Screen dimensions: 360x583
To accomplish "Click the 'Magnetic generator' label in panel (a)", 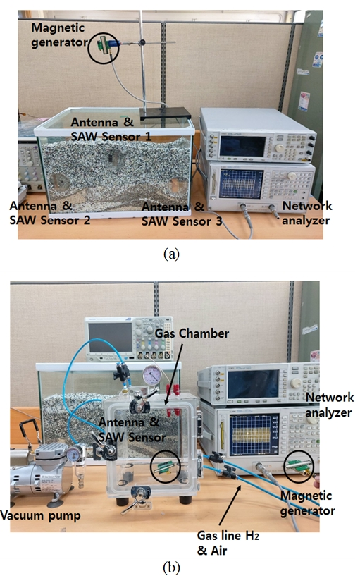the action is coord(59,35).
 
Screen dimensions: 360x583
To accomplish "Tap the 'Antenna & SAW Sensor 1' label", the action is coord(111,129).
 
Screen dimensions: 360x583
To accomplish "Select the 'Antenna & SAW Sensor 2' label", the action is coord(50,213).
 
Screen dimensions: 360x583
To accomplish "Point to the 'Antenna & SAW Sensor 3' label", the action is coord(182,214).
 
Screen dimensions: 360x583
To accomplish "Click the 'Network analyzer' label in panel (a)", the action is coord(307,213).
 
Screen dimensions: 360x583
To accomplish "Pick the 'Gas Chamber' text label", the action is coord(192,333).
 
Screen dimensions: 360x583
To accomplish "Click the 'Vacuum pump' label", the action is coord(40,516).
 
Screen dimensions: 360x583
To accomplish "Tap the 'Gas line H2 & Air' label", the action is coord(228,543).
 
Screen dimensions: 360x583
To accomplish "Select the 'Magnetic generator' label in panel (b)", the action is coord(307,503).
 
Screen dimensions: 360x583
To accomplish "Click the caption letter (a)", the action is coord(171,254).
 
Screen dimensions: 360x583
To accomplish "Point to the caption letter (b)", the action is coord(171,567).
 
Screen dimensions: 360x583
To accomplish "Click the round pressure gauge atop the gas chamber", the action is coord(151,375).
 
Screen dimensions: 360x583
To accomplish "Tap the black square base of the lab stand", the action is coord(166,113).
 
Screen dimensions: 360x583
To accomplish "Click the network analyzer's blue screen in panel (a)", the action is coord(241,183).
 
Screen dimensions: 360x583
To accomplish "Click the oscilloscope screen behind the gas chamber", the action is coord(110,336).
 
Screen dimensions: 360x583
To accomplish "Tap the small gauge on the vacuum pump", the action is coord(74,453).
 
